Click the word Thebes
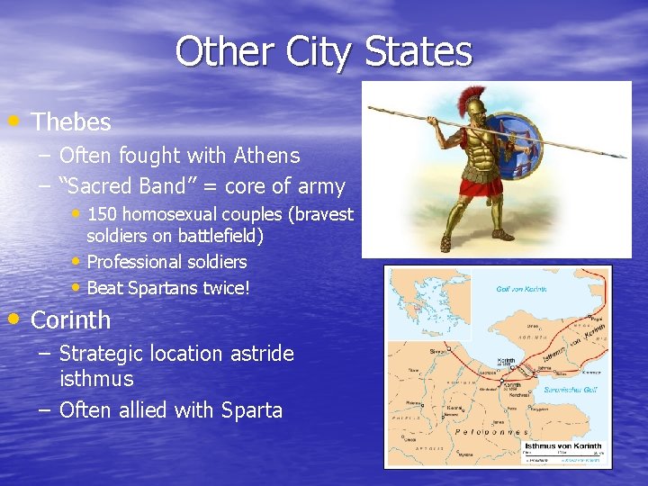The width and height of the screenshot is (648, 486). (71, 122)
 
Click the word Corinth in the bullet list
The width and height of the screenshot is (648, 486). (70, 320)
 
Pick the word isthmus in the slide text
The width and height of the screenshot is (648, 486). (95, 379)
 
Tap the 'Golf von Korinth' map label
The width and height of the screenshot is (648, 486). (520, 290)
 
